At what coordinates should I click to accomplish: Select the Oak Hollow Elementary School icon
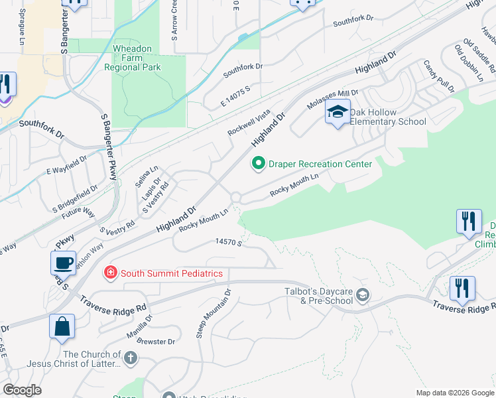[338, 113]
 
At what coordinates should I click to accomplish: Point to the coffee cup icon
[64, 263]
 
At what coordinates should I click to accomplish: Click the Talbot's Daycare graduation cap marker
[362, 295]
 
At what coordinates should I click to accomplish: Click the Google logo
[22, 390]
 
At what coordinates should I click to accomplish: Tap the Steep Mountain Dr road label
[214, 314]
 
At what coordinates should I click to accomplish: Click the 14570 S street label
[226, 243]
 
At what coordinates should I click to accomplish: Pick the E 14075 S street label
[227, 93]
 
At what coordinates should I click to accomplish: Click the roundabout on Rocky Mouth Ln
[235, 196]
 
